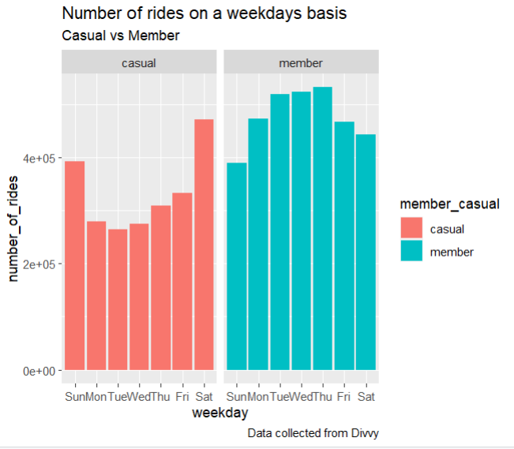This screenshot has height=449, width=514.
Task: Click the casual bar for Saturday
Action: click(x=204, y=245)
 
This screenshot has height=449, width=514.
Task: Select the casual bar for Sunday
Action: click(x=74, y=265)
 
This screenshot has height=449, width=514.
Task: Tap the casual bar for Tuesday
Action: click(x=118, y=299)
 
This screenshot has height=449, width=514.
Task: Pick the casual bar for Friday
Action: click(x=182, y=281)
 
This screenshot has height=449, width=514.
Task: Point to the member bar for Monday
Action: click(x=258, y=244)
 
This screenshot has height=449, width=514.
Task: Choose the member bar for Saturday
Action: click(x=366, y=252)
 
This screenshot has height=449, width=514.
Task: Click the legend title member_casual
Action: click(x=449, y=204)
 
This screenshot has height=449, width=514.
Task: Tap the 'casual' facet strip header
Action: click(x=138, y=62)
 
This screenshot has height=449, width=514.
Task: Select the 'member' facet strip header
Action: click(x=302, y=62)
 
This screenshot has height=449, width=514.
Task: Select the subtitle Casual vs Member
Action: click(x=121, y=36)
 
